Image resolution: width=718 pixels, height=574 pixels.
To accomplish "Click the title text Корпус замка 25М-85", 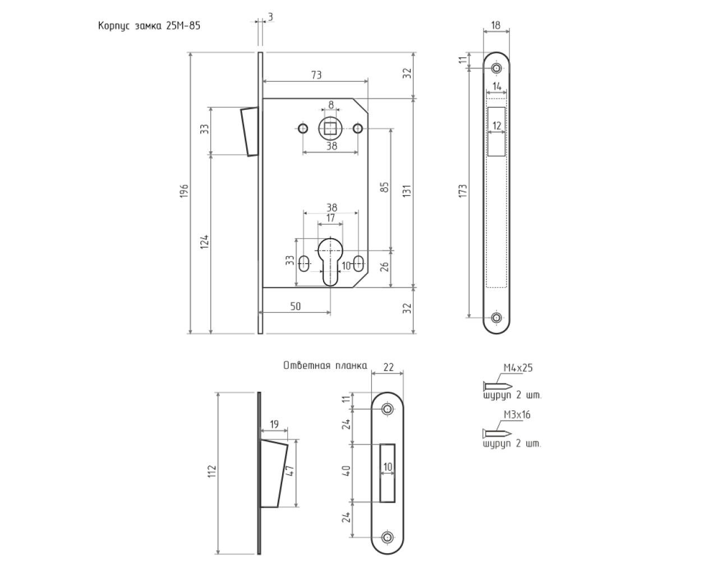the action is coord(149,26).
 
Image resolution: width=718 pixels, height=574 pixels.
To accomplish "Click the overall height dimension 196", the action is coord(184,191).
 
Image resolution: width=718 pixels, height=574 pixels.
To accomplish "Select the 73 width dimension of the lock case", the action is coord(316,75).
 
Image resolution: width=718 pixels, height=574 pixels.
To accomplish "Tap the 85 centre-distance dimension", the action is coord(385,187).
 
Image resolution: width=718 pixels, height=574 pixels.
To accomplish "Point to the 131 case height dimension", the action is coord(407,191).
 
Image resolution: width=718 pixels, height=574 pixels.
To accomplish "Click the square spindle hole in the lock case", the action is coord(330,128).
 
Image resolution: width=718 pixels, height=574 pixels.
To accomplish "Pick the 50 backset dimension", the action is coord(295,306).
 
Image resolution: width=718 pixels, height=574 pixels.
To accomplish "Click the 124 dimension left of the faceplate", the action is coord(204,242).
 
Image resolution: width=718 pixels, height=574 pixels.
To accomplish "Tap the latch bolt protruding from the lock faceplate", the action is coord(250,131).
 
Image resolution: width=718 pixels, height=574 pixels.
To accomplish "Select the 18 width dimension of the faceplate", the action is coord(496,25).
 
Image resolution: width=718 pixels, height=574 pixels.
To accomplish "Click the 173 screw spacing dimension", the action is coord(463,191).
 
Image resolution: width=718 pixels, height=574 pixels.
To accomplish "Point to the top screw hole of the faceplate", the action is coord(496,68).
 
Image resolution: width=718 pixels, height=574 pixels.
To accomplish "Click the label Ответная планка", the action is coord(325,365).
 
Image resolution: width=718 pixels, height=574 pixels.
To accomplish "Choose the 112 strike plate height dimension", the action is coord(212,471).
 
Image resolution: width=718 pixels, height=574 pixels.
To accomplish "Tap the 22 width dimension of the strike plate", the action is coord(388,367).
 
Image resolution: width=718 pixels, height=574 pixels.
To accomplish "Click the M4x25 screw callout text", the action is coord(518,368).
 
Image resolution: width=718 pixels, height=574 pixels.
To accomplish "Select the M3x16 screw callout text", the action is coord(517,415).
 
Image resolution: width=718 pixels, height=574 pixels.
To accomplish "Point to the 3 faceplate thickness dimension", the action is coord(270,17).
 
